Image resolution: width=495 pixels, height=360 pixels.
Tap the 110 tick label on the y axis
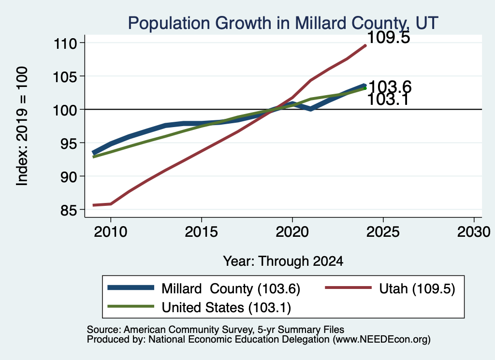click(65, 43)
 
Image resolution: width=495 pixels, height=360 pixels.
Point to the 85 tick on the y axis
click(69, 210)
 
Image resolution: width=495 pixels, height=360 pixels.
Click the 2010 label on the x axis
click(111, 232)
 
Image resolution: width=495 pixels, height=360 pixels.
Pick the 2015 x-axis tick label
click(202, 232)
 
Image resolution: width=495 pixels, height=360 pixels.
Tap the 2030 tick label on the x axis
click(474, 232)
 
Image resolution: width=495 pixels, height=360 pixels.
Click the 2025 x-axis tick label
click(383, 232)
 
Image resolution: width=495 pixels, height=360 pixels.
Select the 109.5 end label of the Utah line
click(389, 38)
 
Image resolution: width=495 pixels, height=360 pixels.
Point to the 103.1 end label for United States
click(388, 100)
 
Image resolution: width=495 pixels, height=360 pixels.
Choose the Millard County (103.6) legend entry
click(204, 288)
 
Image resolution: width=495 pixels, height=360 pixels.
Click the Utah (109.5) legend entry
click(390, 288)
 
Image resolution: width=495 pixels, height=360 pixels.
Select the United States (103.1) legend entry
click(199, 307)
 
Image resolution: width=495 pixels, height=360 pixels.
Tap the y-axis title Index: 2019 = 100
click(22, 126)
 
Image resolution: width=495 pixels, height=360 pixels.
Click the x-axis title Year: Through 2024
click(283, 261)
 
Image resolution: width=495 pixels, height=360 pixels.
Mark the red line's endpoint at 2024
click(365, 46)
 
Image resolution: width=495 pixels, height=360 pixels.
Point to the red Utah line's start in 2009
click(94, 205)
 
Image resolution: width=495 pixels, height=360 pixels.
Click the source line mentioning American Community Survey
click(215, 330)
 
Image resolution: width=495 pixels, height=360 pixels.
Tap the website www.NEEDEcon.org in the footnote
click(381, 340)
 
